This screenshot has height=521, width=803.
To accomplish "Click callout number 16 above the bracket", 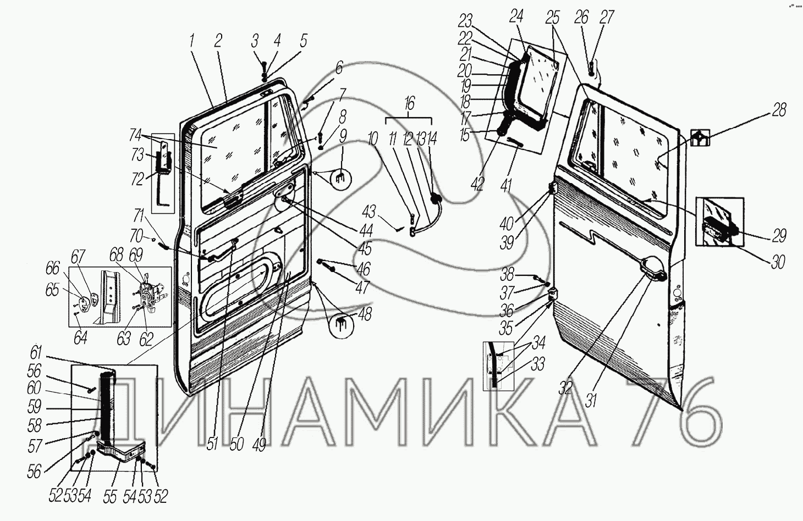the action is tap(409, 103).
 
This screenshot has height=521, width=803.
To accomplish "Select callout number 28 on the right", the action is tap(779, 110).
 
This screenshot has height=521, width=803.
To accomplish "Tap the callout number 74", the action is tap(135, 135).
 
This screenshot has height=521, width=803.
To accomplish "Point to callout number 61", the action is tap(36, 353).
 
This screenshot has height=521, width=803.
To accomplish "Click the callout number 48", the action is tap(365, 314).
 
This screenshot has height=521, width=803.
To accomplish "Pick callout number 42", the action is tap(478, 184).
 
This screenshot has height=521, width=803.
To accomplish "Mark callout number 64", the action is tap(80, 338).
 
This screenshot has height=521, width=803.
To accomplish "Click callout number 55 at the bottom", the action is tap(110, 496).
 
